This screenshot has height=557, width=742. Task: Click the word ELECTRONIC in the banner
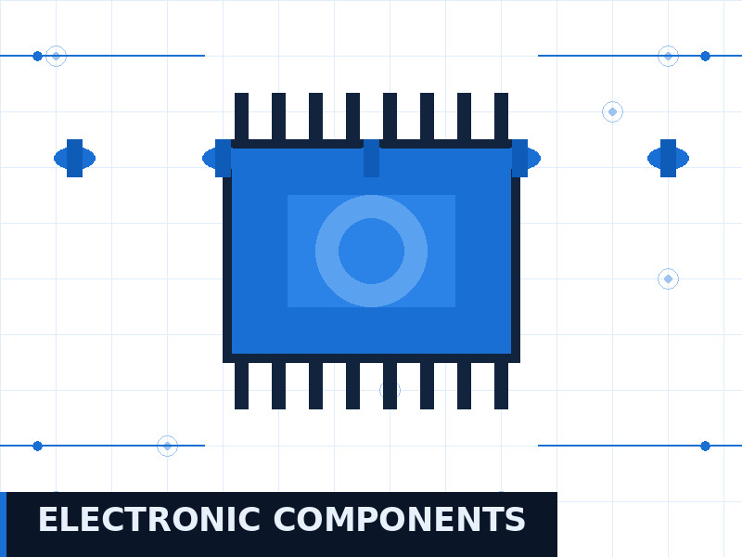[149, 520]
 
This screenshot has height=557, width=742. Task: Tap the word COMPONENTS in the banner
[400, 520]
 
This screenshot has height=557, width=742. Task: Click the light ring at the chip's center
[372, 206]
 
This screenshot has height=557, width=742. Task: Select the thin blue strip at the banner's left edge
[3, 525]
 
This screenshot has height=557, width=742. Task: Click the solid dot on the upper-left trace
[37, 56]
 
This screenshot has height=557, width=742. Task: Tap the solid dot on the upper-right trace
[705, 56]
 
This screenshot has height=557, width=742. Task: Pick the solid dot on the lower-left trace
[37, 446]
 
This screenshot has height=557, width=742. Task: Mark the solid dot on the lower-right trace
[705, 446]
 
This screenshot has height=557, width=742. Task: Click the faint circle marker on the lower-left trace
[167, 446]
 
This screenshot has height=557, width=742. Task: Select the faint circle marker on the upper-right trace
[668, 56]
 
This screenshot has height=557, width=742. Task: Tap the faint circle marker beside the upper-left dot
[56, 56]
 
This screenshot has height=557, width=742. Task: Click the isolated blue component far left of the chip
[74, 158]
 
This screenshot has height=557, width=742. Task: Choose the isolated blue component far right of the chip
[668, 158]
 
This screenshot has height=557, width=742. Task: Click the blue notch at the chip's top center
[372, 158]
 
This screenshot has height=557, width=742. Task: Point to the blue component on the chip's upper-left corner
[219, 158]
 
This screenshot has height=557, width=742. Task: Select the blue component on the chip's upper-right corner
[524, 158]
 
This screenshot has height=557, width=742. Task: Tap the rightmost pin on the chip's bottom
[501, 385]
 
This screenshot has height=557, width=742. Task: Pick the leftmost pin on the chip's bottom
[241, 385]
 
